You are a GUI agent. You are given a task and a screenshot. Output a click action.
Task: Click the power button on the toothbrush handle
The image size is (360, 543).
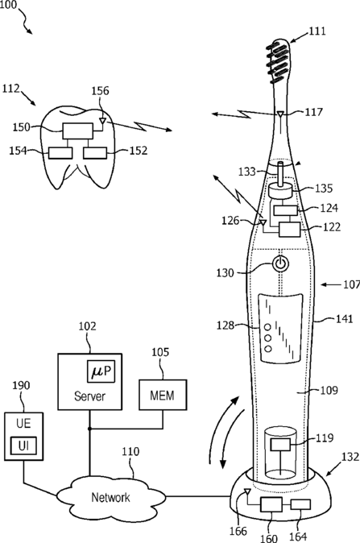click(281, 264)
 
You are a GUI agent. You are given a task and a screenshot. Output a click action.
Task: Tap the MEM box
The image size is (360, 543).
click(163, 395)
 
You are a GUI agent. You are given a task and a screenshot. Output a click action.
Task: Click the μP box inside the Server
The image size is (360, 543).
click(101, 371)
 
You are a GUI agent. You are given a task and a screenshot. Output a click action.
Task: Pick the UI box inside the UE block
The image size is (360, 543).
click(23, 446)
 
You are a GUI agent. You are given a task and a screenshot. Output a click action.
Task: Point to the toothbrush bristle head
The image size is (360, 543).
click(279, 61)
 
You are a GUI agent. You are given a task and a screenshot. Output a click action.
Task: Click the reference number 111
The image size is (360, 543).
click(317, 31)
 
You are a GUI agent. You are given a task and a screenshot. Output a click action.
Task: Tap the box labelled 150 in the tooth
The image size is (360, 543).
click(77, 131)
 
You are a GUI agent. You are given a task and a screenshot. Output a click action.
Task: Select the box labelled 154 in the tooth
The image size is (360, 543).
click(60, 153)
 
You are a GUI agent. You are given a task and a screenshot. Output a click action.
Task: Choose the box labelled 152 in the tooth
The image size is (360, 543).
click(95, 153)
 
